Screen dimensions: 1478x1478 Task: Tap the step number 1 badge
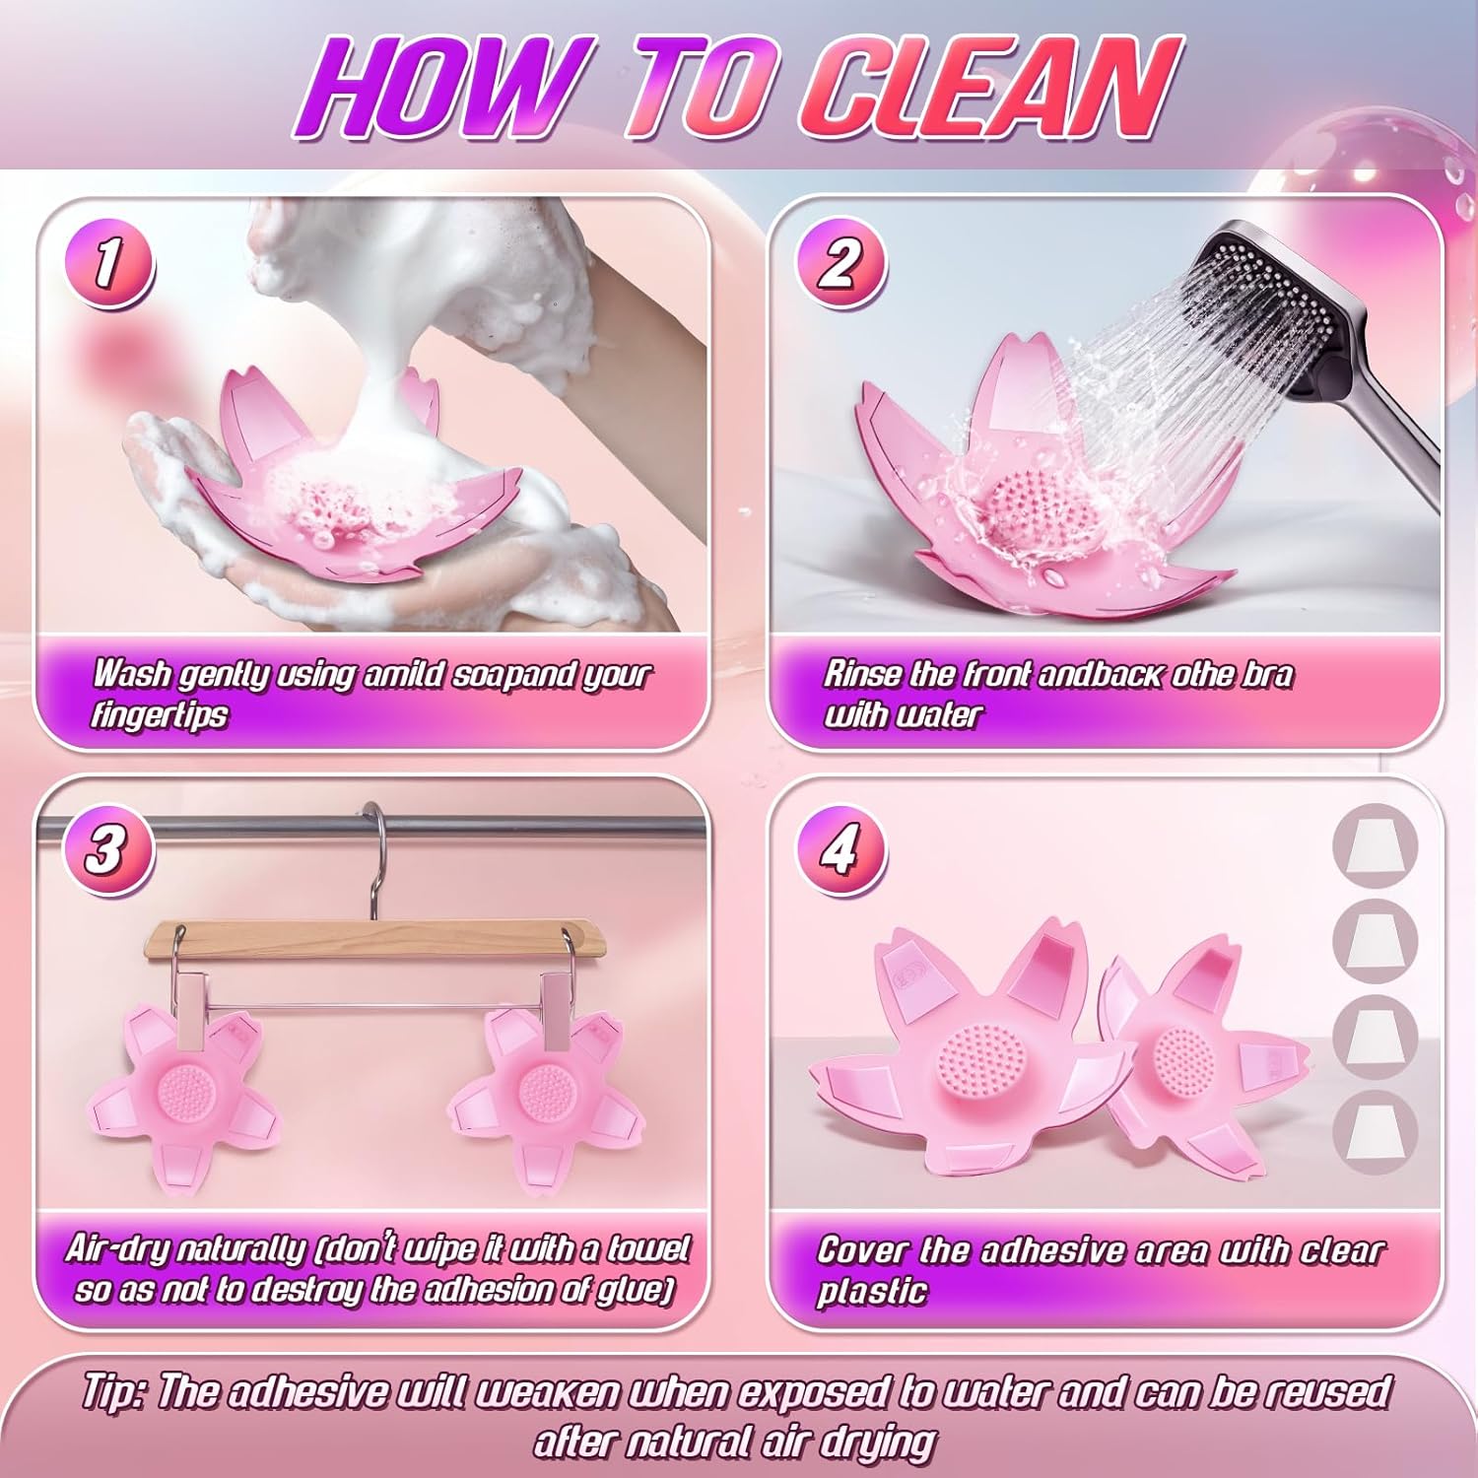(x=108, y=265)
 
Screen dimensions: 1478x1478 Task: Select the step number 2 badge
(x=840, y=265)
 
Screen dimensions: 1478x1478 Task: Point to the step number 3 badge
(x=108, y=847)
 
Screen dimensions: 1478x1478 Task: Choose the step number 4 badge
(x=840, y=847)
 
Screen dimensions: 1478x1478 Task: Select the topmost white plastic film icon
(x=1375, y=848)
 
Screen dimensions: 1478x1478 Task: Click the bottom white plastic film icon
(x=1375, y=1131)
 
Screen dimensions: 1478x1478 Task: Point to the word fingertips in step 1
(x=159, y=714)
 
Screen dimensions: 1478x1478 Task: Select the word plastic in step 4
(x=872, y=1291)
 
